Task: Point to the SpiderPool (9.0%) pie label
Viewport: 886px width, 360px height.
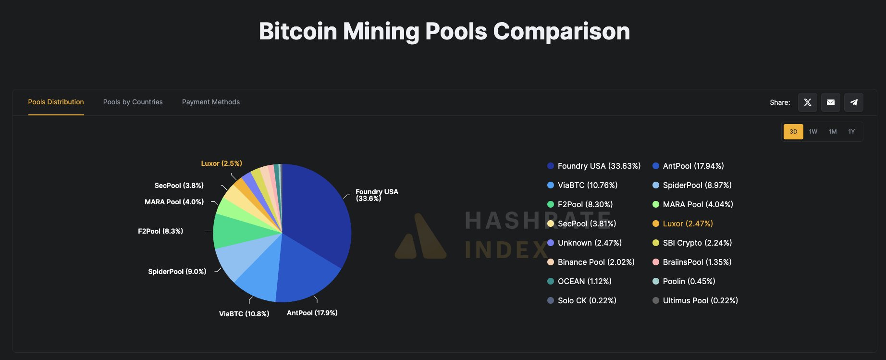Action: (177, 272)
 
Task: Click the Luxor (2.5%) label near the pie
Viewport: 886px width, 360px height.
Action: (221, 163)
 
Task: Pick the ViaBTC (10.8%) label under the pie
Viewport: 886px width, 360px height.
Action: (244, 314)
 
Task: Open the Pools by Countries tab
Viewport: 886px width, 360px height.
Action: (133, 102)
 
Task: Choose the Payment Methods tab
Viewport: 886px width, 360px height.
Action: (210, 102)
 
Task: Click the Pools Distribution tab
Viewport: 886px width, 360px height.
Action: (56, 102)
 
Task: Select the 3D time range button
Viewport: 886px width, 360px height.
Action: (793, 132)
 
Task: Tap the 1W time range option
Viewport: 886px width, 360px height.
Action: (813, 132)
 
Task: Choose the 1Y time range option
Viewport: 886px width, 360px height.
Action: (851, 132)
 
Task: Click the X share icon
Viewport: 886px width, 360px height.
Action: (807, 102)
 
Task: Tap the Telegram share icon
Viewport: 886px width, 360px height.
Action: (853, 102)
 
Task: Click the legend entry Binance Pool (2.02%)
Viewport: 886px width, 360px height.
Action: (596, 262)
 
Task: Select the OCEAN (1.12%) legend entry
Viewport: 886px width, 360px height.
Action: (584, 281)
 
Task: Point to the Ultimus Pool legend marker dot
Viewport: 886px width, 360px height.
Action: (655, 300)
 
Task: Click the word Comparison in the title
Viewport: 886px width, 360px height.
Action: (561, 31)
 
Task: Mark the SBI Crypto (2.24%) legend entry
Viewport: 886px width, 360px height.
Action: (697, 243)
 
